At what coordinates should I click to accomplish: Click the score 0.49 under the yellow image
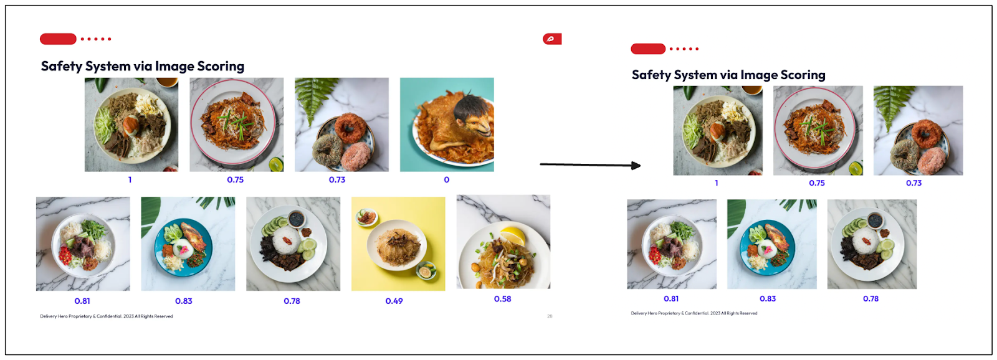[x=394, y=301]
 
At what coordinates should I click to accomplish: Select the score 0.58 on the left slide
[x=502, y=299]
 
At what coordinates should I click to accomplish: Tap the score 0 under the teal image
[x=446, y=180]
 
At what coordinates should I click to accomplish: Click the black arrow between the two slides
[x=589, y=165]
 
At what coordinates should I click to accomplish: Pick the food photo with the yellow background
[x=398, y=244]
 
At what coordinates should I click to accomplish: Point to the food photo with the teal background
[x=447, y=125]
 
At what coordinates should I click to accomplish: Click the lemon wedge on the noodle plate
[x=514, y=235]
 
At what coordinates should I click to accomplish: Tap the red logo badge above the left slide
[x=551, y=39]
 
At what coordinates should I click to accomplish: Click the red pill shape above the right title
[x=648, y=49]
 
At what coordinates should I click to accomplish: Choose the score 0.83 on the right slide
[x=768, y=299]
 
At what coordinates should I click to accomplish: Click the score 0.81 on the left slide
[x=82, y=301]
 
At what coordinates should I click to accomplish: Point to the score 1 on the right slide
[x=717, y=183]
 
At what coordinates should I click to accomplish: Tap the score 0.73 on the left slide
[x=337, y=180]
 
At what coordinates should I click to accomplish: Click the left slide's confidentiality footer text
[x=107, y=316]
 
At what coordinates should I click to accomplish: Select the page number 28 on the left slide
[x=550, y=316]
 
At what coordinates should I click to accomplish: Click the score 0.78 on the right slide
[x=871, y=299]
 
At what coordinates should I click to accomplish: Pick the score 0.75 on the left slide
[x=235, y=180]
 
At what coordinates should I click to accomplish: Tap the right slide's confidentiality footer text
[x=694, y=313]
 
